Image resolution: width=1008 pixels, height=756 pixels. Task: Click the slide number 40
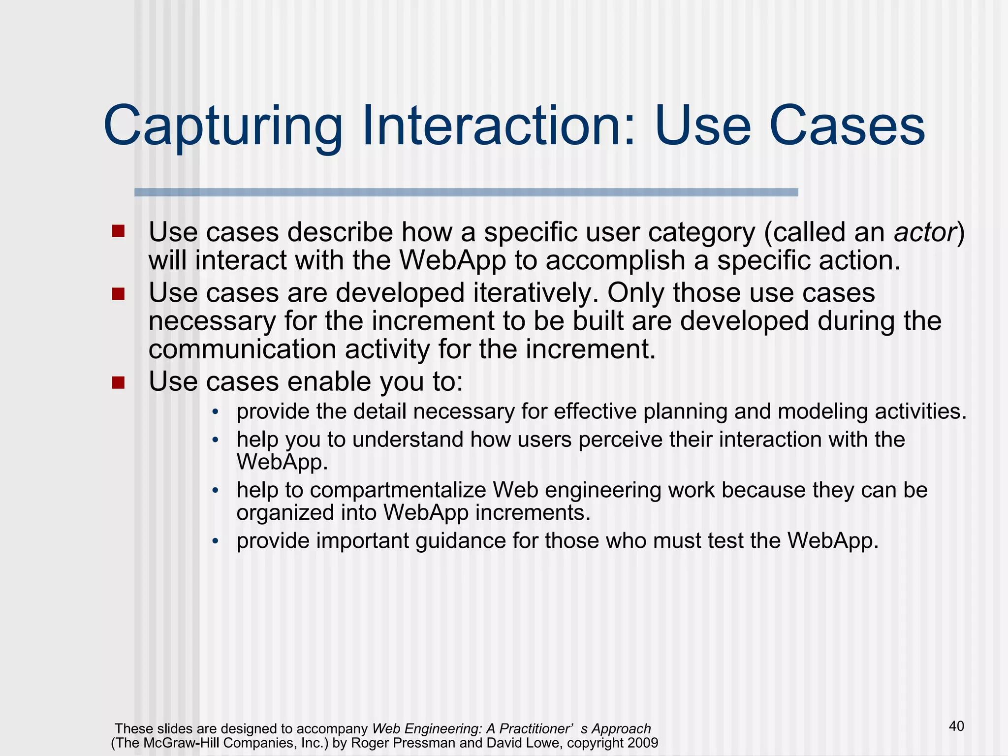pyautogui.click(x=956, y=726)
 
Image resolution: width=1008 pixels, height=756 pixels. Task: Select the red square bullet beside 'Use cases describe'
pyautogui.click(x=118, y=231)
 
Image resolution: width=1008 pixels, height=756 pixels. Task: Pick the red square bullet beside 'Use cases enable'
pyautogui.click(x=118, y=382)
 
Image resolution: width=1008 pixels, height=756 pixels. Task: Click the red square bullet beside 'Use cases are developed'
pyautogui.click(x=118, y=294)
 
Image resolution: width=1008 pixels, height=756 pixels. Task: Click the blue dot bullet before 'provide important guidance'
pyautogui.click(x=215, y=541)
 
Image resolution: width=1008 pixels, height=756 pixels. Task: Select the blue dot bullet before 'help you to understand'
pyautogui.click(x=215, y=440)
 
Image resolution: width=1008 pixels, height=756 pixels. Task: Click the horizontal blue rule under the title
pyautogui.click(x=466, y=192)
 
